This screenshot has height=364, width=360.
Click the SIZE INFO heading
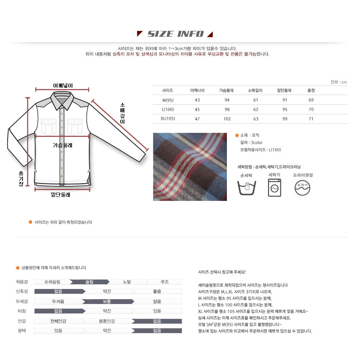tap(175, 34)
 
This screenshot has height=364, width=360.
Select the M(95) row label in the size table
tap(168, 100)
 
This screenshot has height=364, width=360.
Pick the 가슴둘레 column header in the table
tap(226, 90)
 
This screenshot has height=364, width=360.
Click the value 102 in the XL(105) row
tap(227, 119)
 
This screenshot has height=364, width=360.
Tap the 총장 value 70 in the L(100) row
tap(311, 109)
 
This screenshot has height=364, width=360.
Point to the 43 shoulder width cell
tap(197, 100)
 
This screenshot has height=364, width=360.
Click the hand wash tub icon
tap(247, 188)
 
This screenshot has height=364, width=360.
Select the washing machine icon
tap(275, 187)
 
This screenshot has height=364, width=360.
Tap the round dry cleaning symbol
tap(302, 188)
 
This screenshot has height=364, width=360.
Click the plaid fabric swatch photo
tap(190, 167)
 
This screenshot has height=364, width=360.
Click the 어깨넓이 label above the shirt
tap(63, 86)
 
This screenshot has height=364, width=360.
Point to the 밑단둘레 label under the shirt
tap(60, 195)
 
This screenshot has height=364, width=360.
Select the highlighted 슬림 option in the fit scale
tap(89, 282)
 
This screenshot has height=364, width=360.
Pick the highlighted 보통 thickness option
tap(107, 301)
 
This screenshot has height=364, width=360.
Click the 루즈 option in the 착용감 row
tap(165, 282)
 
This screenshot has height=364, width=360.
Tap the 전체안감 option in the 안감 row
tap(58, 321)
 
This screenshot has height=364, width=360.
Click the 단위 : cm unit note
tap(339, 82)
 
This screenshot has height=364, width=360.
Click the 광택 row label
tap(22, 331)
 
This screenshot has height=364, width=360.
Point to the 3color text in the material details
tap(257, 143)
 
